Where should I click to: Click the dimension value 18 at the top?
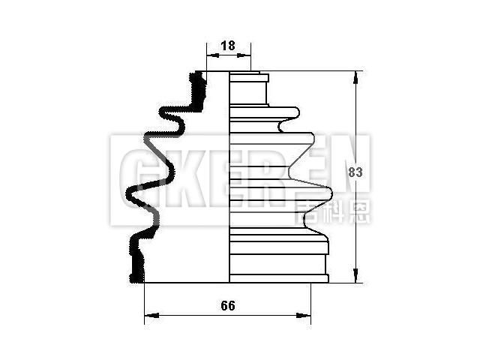(229, 46)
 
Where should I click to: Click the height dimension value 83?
(356, 172)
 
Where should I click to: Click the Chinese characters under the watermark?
(334, 211)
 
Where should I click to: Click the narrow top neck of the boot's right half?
(248, 88)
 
